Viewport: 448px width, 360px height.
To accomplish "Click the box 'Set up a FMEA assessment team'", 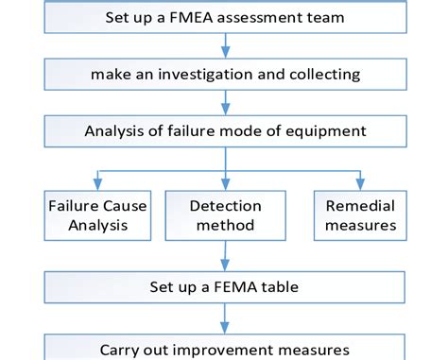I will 224,18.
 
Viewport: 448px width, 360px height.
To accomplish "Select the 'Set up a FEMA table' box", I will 224,285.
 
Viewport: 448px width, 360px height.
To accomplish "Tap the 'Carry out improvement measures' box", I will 224,347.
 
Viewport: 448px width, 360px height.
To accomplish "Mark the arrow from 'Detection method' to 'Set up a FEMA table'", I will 224,253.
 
